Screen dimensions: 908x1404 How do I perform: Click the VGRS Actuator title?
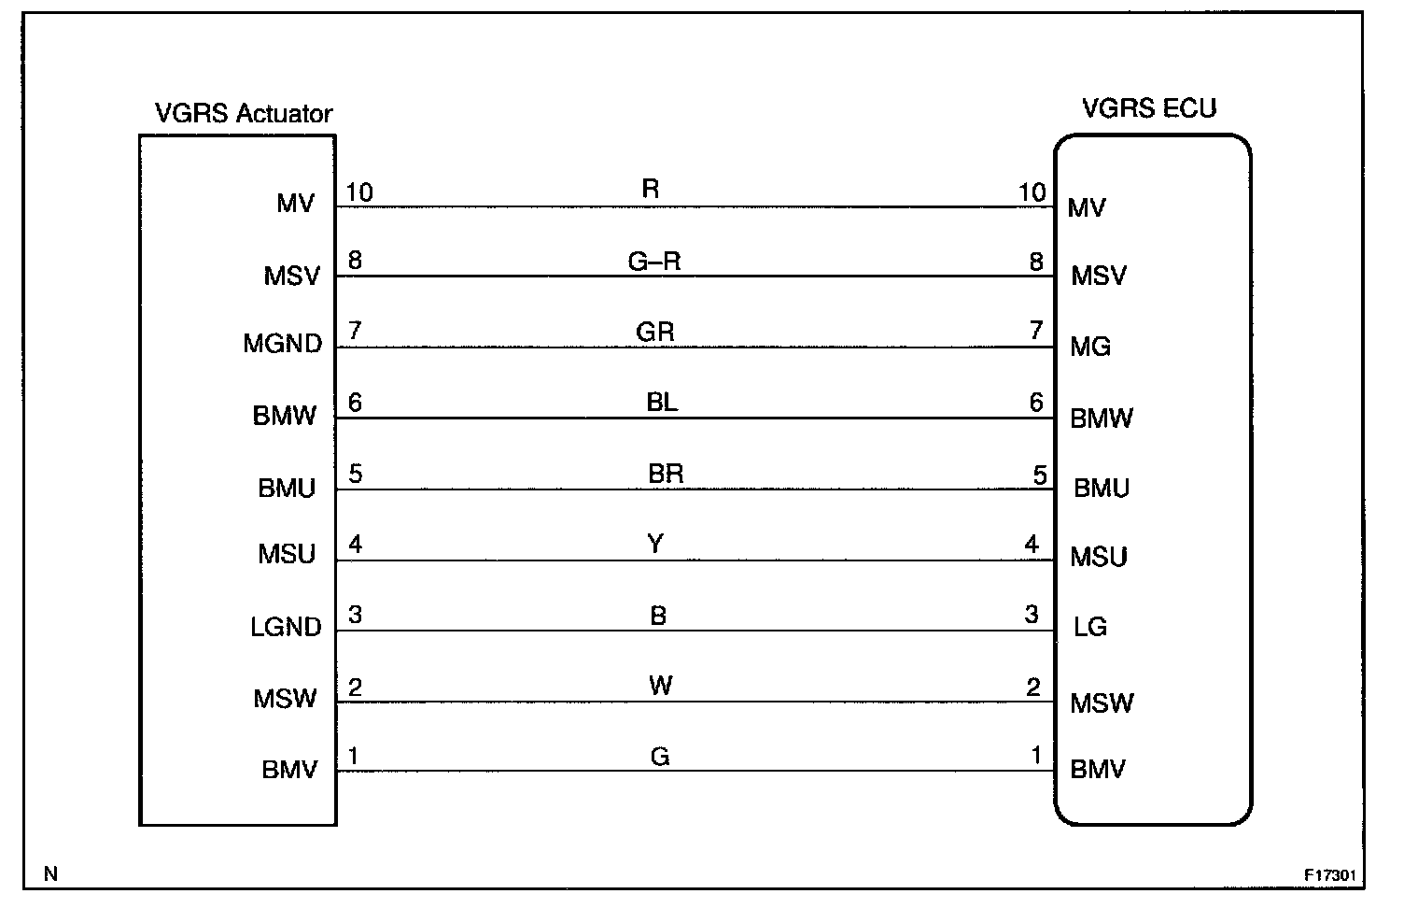(243, 114)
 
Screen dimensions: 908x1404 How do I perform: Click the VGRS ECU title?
(1149, 108)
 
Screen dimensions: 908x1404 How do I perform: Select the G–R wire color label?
(654, 262)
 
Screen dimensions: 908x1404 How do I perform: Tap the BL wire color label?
(662, 403)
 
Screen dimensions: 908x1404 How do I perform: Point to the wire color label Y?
(655, 544)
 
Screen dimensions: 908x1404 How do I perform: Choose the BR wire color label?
(666, 474)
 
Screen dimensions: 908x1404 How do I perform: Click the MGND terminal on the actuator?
(282, 344)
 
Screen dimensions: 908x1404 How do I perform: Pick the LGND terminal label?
(286, 627)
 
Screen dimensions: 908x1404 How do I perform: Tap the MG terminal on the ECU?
(1089, 348)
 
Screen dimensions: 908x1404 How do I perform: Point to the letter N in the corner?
(50, 874)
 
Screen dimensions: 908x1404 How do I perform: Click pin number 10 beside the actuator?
(359, 192)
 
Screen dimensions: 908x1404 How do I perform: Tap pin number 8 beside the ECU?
(1036, 262)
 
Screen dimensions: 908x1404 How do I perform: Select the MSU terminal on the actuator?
(287, 554)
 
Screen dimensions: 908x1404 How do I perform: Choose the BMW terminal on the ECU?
(1101, 419)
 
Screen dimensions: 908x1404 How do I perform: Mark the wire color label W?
(660, 686)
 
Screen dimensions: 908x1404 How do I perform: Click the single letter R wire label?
(651, 190)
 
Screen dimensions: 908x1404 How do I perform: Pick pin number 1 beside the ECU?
(1036, 755)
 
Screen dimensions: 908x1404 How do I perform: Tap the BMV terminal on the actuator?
(288, 771)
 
